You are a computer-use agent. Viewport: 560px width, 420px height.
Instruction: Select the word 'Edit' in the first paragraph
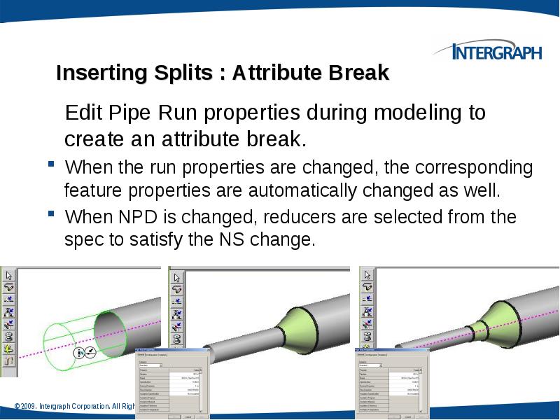pos(83,113)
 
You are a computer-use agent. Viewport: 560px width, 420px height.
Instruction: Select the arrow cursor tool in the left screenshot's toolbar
pos(8,274)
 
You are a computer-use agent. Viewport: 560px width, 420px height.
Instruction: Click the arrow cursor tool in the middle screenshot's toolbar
pos(177,274)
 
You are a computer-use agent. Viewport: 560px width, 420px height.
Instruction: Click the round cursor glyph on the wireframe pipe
pos(80,353)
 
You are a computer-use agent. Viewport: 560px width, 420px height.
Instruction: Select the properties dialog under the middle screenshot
pos(168,381)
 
